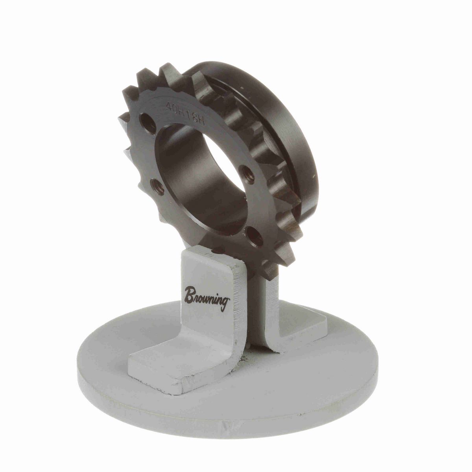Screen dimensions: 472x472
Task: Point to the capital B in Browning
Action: pyautogui.click(x=190, y=293)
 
